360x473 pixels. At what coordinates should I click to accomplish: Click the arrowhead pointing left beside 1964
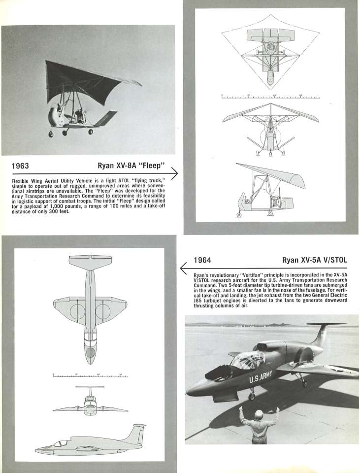(184, 268)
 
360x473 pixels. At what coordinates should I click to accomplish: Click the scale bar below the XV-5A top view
(90, 376)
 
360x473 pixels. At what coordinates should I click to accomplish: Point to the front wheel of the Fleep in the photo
(51, 134)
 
